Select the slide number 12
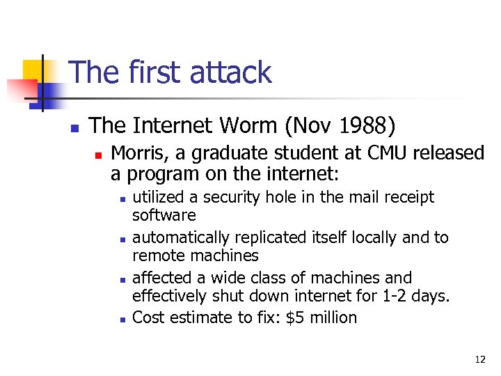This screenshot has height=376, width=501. pos(480,359)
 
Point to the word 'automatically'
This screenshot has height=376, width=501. pos(178,238)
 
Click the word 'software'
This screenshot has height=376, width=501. pos(164,215)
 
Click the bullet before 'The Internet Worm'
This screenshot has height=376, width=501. pos(73,128)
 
